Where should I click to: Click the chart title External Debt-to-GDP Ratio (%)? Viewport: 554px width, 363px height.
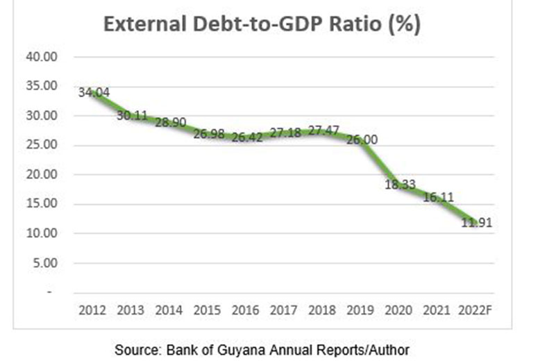[263, 25]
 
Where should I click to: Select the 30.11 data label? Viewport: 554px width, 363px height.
[132, 115]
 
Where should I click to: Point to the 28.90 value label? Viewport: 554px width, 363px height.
[170, 122]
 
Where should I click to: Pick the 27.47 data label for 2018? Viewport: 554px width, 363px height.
[323, 131]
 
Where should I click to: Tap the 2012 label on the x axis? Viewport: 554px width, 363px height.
[93, 309]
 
